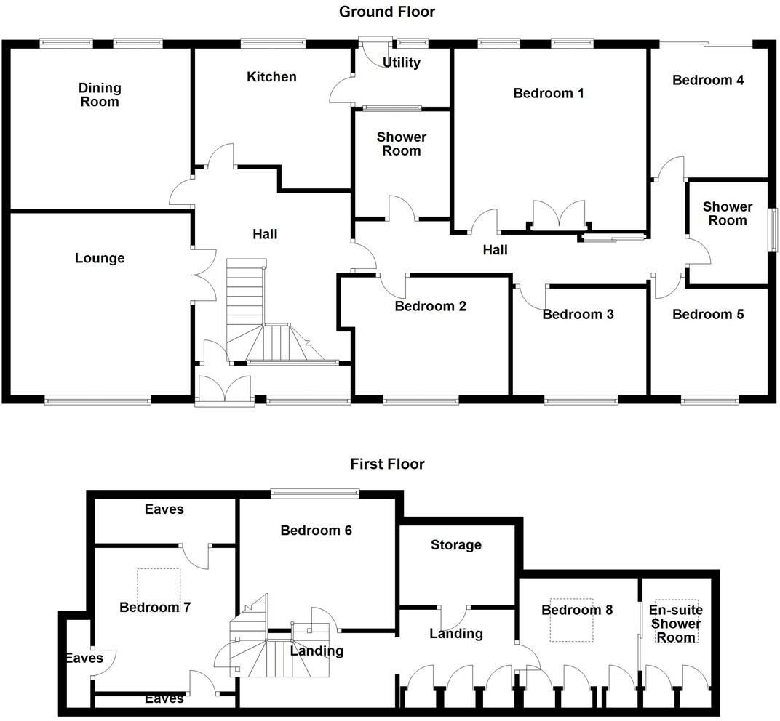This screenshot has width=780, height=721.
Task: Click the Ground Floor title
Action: (x=387, y=12)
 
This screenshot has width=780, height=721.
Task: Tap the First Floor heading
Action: (x=388, y=464)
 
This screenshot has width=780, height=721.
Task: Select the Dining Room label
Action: (x=100, y=95)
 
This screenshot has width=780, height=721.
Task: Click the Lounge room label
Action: (x=100, y=259)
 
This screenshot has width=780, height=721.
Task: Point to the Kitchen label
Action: (x=271, y=77)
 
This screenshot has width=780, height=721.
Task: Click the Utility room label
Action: (x=402, y=63)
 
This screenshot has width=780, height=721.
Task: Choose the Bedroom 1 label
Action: (x=549, y=94)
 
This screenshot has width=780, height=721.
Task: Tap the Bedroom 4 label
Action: (x=708, y=81)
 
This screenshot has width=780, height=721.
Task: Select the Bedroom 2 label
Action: (x=430, y=306)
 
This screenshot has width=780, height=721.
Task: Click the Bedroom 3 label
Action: (x=578, y=314)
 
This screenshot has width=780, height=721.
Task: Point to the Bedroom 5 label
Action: (x=708, y=314)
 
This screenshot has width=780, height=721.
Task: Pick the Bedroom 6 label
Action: (x=317, y=531)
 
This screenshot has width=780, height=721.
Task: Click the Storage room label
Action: (x=456, y=545)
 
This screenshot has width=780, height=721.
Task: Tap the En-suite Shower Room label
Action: (x=676, y=624)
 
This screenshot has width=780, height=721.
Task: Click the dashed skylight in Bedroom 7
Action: (x=159, y=587)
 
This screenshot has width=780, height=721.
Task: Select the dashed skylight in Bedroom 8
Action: (x=572, y=620)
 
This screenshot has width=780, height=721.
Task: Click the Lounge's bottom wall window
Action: (x=97, y=400)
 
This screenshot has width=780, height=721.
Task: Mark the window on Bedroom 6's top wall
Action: (x=315, y=494)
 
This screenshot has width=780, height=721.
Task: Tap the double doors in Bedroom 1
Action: (x=559, y=214)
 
